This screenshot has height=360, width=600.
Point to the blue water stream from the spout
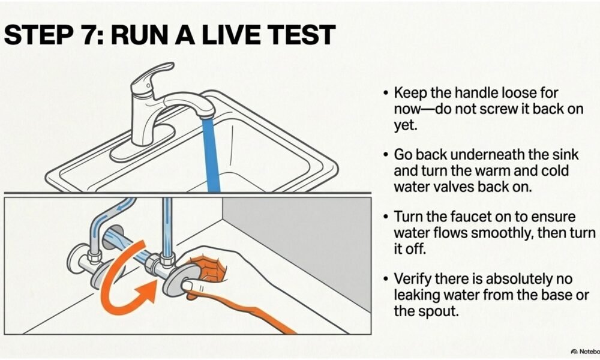[x=211, y=153]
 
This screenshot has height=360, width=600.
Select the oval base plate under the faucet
[x=142, y=144]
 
